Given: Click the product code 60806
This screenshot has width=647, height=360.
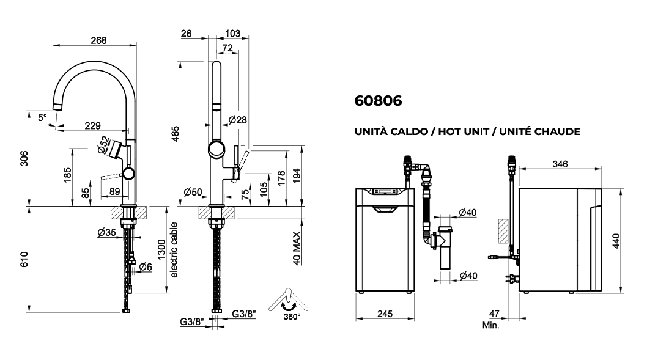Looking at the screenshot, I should (378, 101).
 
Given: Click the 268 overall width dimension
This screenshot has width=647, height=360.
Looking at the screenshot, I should (98, 40).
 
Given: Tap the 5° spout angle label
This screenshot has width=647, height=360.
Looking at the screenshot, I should (42, 117).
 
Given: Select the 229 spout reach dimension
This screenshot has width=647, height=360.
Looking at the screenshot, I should (92, 126).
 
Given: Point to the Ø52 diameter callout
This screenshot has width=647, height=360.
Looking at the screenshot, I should (103, 144).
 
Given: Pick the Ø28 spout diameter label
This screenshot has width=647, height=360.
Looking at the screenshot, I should (237, 120).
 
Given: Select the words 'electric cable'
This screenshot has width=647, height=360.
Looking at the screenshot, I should (174, 249).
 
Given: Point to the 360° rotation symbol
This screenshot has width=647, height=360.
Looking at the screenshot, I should (286, 304).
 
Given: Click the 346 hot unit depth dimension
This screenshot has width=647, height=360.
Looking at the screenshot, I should (560, 164).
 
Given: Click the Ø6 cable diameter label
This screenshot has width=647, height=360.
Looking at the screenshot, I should (146, 266).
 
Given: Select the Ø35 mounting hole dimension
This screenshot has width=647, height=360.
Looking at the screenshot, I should (106, 232).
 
